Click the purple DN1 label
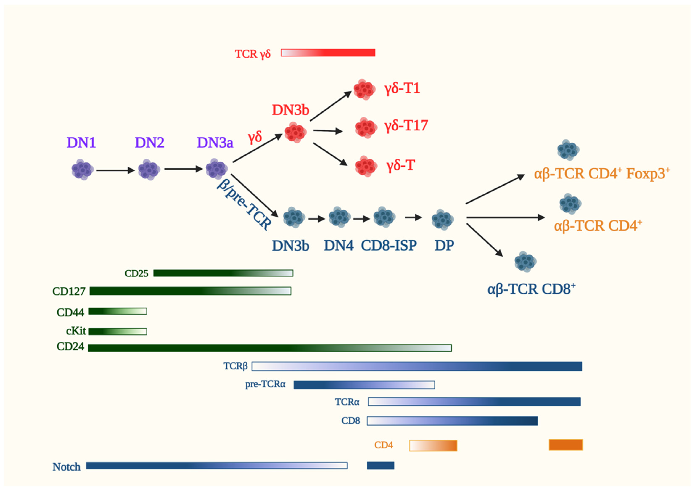tap(81, 143)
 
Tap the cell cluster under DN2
tap(149, 170)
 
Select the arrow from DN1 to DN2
tap(115, 170)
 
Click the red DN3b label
tap(291, 110)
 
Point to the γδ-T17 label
tap(406, 126)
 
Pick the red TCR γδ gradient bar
tap(328, 53)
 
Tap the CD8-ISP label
tap(389, 246)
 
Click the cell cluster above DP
tap(442, 219)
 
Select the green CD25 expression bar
tap(223, 273)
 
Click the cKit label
tap(76, 331)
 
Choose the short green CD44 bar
tap(118, 311)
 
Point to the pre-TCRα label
tap(265, 384)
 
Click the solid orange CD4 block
tap(566, 445)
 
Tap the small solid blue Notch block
tap(380, 466)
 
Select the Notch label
tap(66, 467)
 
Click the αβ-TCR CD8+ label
tap(531, 289)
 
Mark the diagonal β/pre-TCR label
tap(244, 205)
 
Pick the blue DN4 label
tap(339, 246)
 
